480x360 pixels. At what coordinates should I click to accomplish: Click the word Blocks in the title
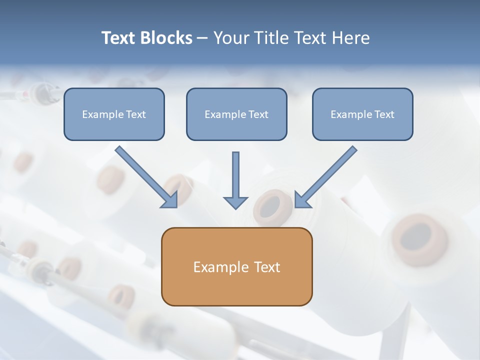pyautogui.click(x=166, y=37)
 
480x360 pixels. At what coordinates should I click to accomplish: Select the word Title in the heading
pyautogui.click(x=271, y=37)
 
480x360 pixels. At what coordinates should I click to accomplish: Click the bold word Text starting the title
pyautogui.click(x=119, y=37)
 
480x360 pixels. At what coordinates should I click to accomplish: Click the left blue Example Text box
pyautogui.click(x=114, y=114)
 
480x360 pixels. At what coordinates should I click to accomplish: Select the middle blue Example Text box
pyautogui.click(x=236, y=114)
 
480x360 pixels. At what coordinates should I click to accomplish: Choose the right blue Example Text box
pyautogui.click(x=363, y=114)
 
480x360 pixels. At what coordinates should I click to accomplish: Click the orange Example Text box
pyautogui.click(x=237, y=266)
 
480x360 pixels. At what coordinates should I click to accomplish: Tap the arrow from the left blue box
pyautogui.click(x=146, y=177)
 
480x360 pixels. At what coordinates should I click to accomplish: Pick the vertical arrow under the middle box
pyautogui.click(x=235, y=180)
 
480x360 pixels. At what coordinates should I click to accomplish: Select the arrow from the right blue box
pyautogui.click(x=325, y=177)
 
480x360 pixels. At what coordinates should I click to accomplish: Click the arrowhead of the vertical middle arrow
pyautogui.click(x=235, y=203)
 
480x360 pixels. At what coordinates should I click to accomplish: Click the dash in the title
pyautogui.click(x=202, y=38)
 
